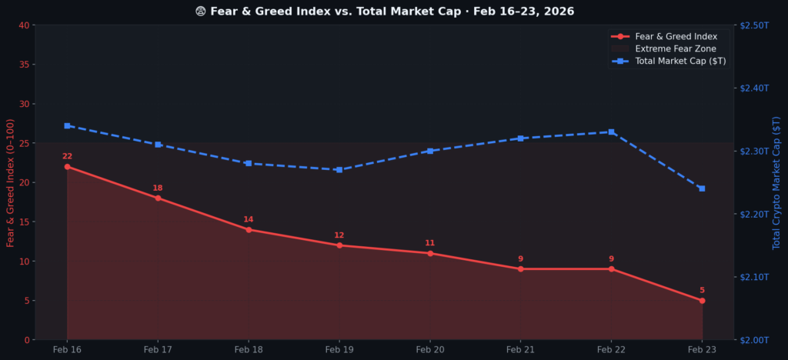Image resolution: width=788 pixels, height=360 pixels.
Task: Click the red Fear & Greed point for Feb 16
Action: click(67, 167)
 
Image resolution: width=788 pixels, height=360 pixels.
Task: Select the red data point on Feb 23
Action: click(702, 301)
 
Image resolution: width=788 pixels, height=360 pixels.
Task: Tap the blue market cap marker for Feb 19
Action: click(339, 170)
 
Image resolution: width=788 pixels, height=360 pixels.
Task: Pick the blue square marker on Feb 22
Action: click(612, 132)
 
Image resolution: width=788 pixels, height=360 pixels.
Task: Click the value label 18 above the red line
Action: click(158, 188)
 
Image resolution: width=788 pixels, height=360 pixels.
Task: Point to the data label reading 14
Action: click(249, 220)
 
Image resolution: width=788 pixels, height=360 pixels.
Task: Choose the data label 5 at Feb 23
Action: click(702, 291)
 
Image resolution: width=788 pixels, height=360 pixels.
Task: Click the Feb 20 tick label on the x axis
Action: click(429, 350)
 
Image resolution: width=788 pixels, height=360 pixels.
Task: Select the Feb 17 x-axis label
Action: click(158, 350)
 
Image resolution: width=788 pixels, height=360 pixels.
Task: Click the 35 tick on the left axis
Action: click(24, 65)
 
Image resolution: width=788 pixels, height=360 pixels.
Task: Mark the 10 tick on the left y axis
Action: click(24, 262)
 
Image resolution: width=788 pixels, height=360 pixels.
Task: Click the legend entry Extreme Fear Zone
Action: click(676, 48)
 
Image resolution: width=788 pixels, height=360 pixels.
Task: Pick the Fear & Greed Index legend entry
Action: click(676, 36)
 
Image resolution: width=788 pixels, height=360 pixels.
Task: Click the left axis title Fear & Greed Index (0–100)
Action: click(11, 182)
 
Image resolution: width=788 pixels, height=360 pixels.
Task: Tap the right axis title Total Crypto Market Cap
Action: click(776, 182)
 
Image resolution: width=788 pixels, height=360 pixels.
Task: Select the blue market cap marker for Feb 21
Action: click(521, 138)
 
